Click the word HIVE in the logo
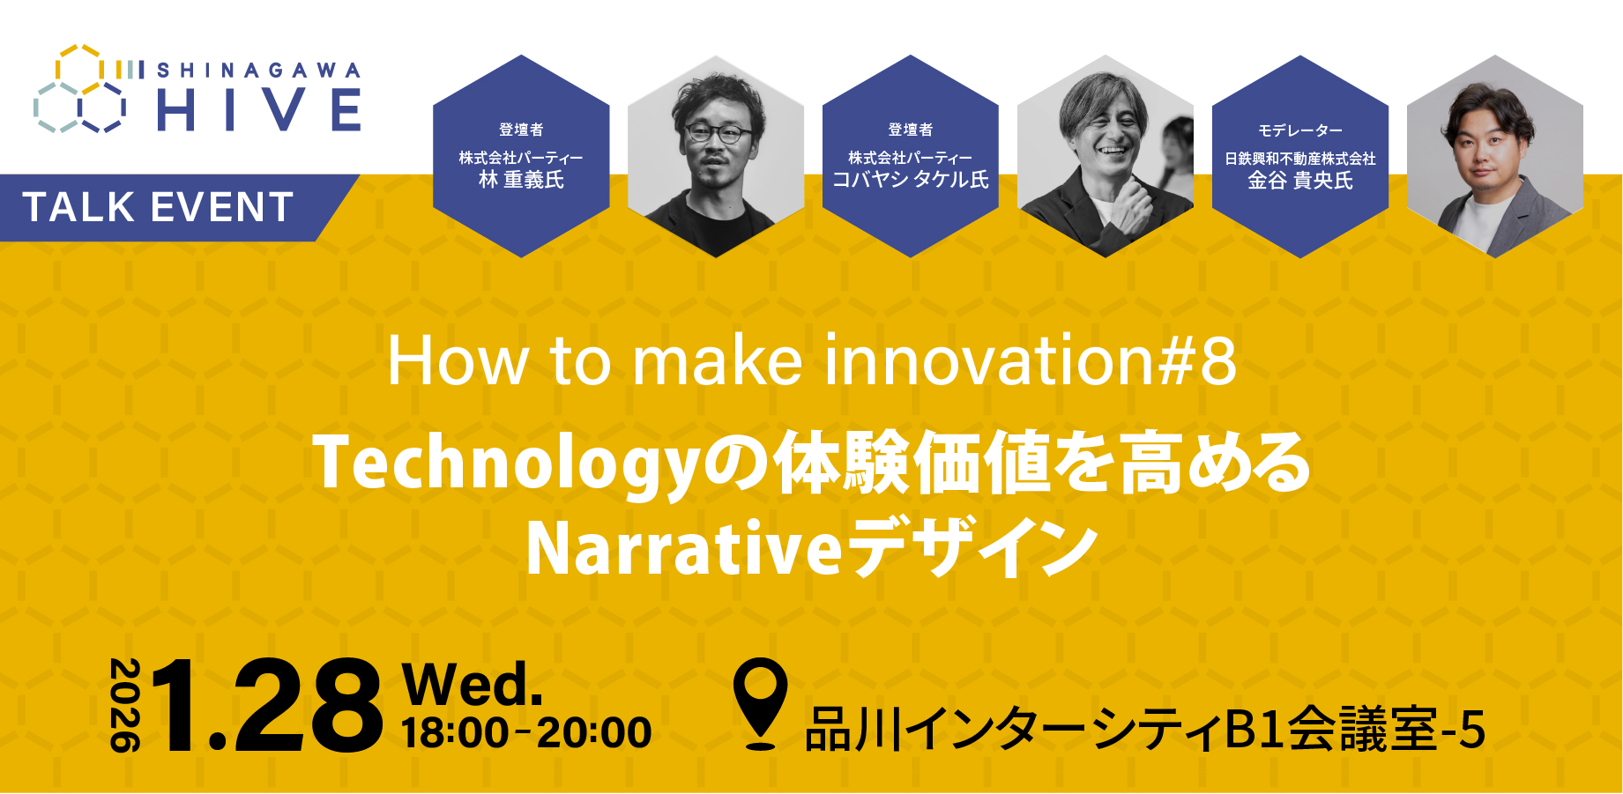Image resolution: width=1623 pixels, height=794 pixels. (259, 111)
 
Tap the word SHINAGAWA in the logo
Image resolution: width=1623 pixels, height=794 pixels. (259, 70)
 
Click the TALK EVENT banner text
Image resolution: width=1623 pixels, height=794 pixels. (159, 208)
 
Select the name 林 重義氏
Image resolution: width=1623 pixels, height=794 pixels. (521, 180)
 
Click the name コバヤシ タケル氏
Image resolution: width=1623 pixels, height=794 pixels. (911, 180)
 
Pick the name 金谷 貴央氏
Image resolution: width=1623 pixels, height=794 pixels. (1300, 181)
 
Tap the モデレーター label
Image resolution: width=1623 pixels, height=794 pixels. (1300, 130)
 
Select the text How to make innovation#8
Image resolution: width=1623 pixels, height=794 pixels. (812, 360)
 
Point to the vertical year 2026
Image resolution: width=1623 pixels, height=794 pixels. (125, 705)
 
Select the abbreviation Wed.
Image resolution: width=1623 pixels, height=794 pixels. (472, 685)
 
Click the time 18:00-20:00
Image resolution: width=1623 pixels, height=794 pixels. (526, 733)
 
